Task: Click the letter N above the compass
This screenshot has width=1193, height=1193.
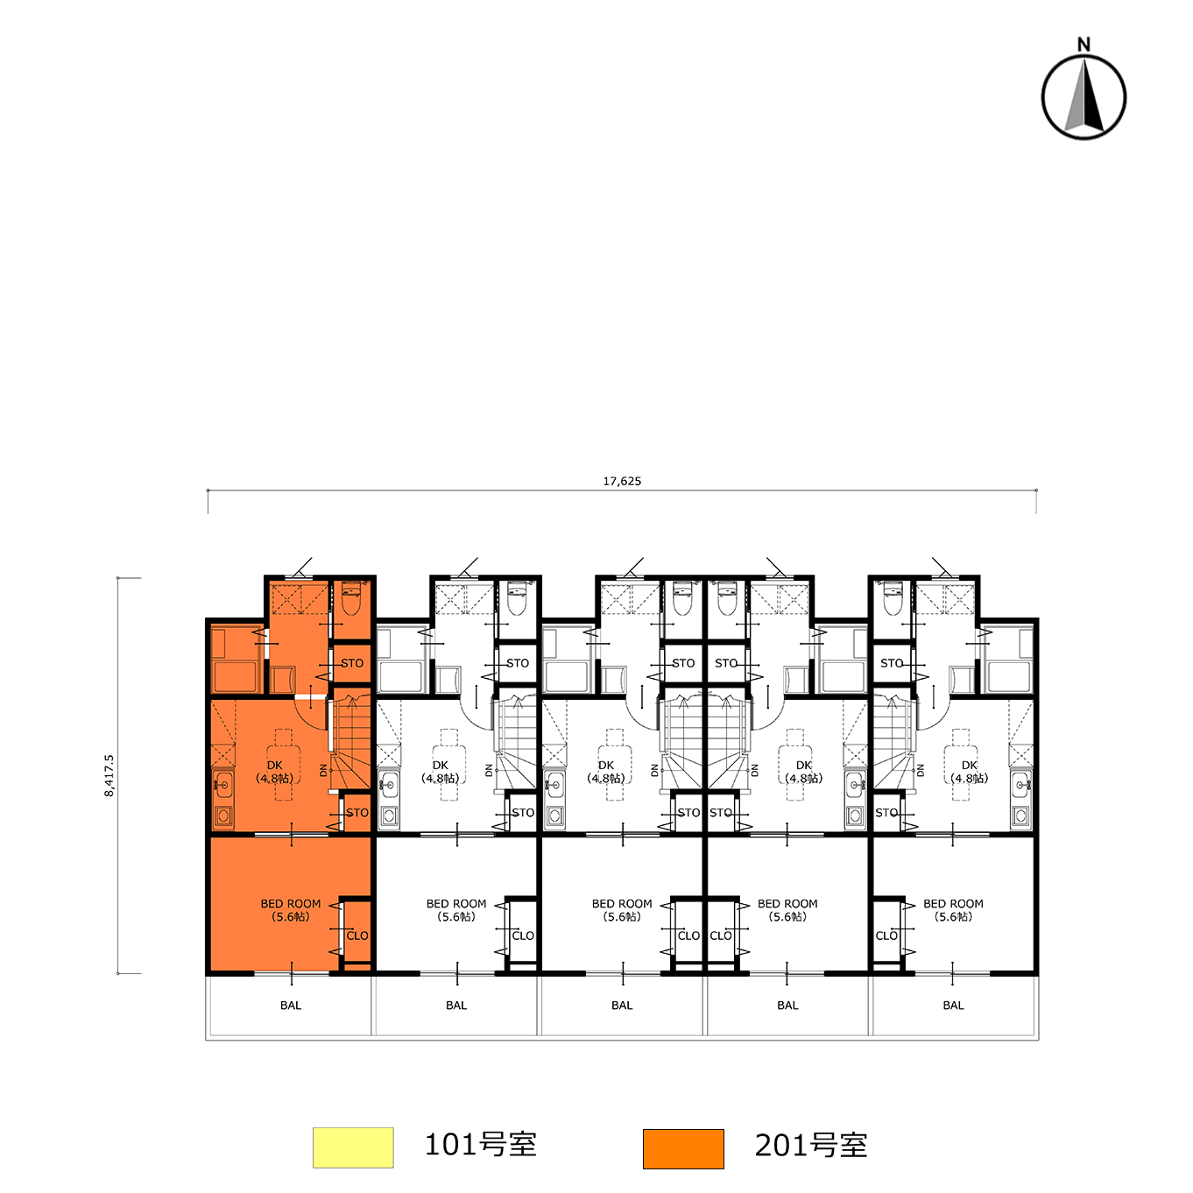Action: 1084,45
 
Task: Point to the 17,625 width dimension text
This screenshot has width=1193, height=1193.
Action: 622,481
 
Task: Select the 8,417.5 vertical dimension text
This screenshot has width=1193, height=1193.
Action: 109,775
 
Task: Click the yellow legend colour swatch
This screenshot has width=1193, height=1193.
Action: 353,1147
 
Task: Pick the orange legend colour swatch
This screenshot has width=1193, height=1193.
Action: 683,1148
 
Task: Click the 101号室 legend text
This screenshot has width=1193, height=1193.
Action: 480,1145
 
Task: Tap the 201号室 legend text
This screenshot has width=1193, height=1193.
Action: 811,1146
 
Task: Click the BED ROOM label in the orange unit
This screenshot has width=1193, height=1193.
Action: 290,903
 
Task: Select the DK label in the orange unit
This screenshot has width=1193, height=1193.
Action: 274,766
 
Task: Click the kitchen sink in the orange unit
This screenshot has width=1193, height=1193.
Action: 222,785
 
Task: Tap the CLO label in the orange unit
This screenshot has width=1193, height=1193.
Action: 357,935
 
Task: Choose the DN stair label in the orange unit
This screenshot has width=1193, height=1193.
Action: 323,770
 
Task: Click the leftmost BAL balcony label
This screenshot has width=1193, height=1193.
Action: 290,1005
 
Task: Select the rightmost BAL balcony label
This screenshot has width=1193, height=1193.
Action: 953,1005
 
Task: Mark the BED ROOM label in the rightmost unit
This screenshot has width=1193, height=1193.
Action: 953,903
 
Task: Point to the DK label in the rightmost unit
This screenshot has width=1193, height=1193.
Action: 969,766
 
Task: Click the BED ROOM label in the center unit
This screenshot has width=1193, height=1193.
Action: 622,903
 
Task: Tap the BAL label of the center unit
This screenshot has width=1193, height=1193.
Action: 622,1005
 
